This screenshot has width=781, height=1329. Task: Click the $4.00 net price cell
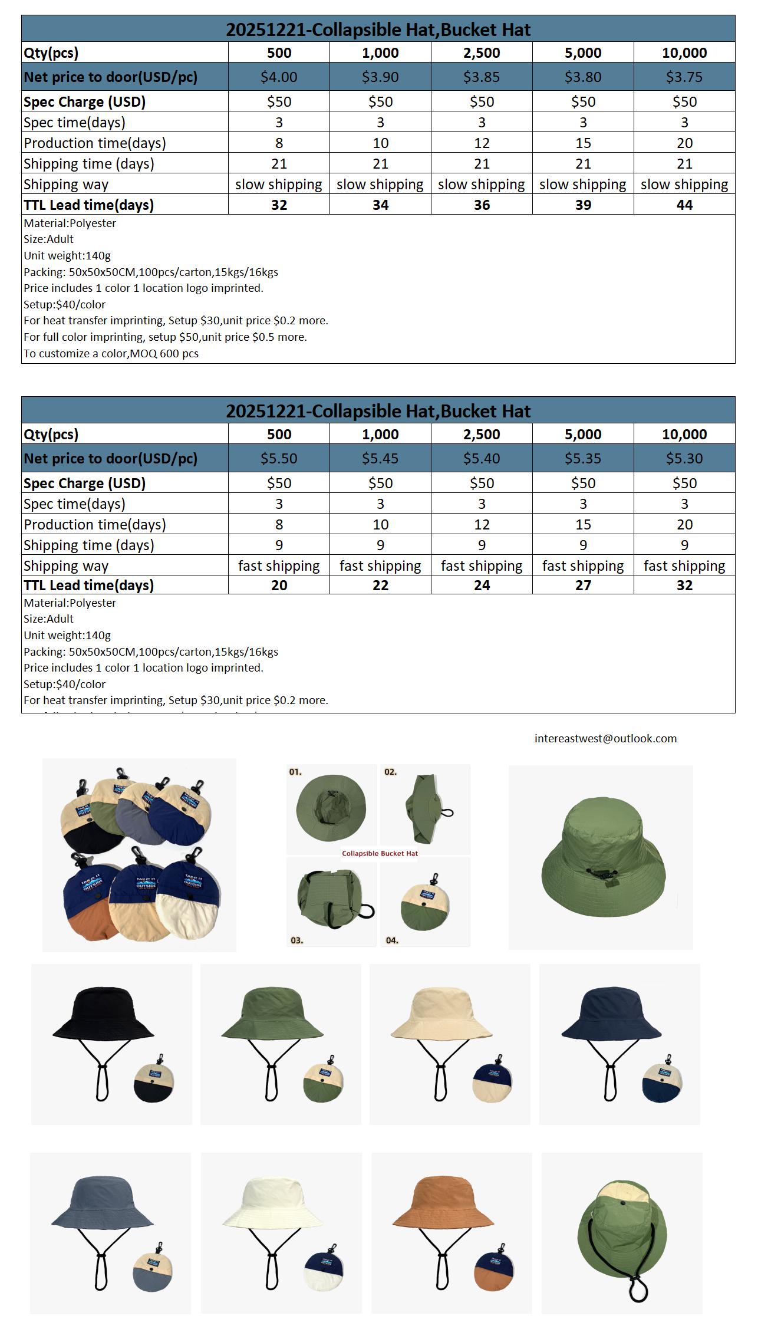pos(279,77)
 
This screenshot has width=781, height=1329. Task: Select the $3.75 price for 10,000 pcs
pos(684,77)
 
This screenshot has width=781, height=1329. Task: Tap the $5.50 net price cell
pos(279,459)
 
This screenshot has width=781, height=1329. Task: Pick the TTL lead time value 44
pos(684,205)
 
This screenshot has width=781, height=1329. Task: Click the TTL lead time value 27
pos(582,585)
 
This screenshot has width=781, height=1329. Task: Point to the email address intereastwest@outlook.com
pos(605,739)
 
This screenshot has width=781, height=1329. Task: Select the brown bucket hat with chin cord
pos(443,1203)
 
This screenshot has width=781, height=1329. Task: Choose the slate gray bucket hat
pos(102,1203)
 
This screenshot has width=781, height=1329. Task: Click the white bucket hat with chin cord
pos(273,1203)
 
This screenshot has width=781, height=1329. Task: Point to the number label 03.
pos(296,940)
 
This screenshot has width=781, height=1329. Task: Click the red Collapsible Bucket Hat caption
pos(380,854)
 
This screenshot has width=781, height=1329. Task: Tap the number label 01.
pos(295,772)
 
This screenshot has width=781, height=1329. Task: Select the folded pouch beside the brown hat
pos(493,1267)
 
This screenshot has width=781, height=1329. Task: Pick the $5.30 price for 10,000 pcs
pos(684,459)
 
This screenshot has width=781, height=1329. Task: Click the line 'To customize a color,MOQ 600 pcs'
pos(111,354)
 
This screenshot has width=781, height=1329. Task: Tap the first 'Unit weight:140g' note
pos(67,256)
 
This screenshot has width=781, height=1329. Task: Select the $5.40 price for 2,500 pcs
pos(482,459)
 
